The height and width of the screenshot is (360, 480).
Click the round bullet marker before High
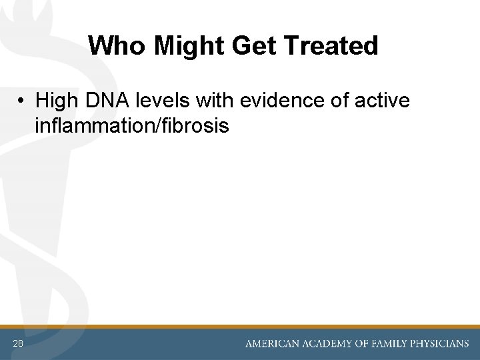click(x=22, y=101)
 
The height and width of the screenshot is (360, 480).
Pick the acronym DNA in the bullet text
click(x=107, y=101)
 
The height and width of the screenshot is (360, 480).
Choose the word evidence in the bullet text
click(x=277, y=101)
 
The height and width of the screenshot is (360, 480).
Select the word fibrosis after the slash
click(x=197, y=125)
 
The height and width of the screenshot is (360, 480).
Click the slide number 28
click(x=17, y=343)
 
